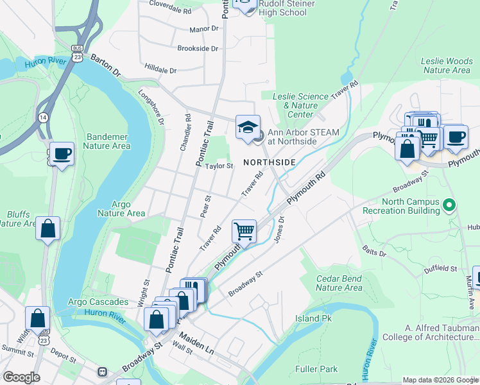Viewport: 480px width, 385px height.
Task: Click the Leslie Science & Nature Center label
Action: (295, 105)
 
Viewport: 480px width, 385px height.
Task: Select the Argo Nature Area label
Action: (121, 209)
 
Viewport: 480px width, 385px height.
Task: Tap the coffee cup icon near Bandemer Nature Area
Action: (62, 154)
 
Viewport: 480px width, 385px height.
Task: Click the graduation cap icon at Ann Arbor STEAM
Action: (247, 126)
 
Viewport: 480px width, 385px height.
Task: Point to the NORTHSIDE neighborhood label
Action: (269, 162)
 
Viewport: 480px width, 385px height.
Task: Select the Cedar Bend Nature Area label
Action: (339, 283)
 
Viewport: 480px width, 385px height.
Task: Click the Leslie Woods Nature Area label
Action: (447, 65)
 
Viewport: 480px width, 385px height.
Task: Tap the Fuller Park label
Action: (316, 369)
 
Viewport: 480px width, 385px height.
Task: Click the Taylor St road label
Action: (218, 166)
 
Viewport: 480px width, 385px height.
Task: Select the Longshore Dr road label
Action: (151, 107)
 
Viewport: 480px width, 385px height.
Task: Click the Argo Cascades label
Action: (94, 302)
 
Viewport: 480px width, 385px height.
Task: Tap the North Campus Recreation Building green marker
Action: (450, 205)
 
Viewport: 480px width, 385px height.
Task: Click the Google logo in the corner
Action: (21, 377)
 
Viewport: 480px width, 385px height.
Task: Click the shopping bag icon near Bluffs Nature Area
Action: (48, 228)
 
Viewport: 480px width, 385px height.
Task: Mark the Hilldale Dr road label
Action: (160, 69)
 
